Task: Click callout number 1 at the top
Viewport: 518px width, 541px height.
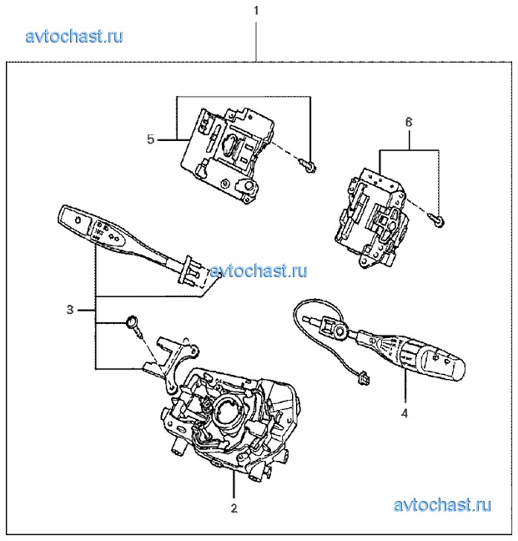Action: pos(256,11)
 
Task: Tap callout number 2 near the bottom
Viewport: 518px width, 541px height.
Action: pos(234,507)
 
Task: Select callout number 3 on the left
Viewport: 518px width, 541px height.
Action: pos(70,309)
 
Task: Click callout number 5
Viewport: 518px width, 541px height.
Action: pos(151,139)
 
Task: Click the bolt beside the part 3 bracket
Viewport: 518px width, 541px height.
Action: pos(133,324)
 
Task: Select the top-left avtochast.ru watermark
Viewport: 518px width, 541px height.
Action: pos(74,36)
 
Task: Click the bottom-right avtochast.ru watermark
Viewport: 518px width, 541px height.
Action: pos(441,505)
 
